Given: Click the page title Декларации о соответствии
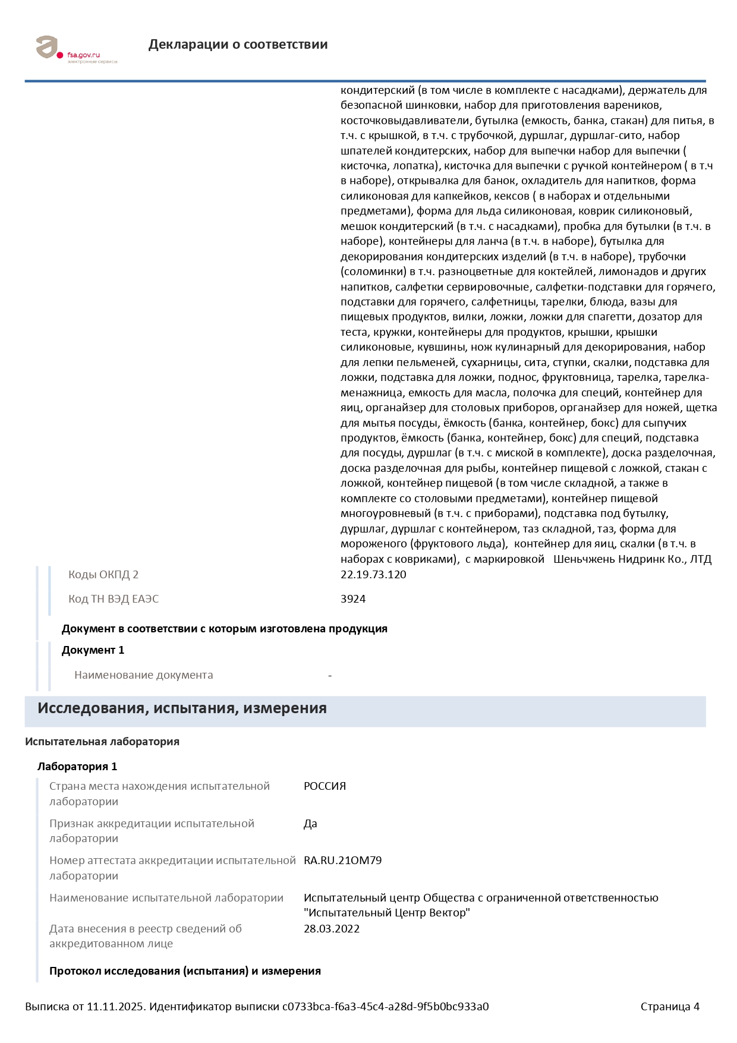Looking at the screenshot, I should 238,45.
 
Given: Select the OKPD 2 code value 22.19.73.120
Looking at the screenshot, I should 373,575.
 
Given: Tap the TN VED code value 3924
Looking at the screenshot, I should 353,599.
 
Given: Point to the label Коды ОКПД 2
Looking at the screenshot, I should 103,575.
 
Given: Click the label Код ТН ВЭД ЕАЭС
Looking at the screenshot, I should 114,599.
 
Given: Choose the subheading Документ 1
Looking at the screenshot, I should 93,650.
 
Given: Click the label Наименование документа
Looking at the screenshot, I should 143,675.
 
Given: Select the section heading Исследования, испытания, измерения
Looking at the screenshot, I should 182,708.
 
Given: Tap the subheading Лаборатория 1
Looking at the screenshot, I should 77,767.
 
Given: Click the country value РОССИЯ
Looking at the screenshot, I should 325,786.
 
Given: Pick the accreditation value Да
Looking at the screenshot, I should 310,824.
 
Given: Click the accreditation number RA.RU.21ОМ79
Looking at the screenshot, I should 342,861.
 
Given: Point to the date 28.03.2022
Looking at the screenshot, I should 332,929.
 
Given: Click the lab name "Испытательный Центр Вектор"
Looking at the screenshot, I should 386,913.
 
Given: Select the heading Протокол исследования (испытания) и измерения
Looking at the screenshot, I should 185,971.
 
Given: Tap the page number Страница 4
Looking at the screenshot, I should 670,1007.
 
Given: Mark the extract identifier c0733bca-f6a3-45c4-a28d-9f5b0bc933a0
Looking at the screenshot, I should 385,1007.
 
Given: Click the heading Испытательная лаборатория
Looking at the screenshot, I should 102,742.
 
